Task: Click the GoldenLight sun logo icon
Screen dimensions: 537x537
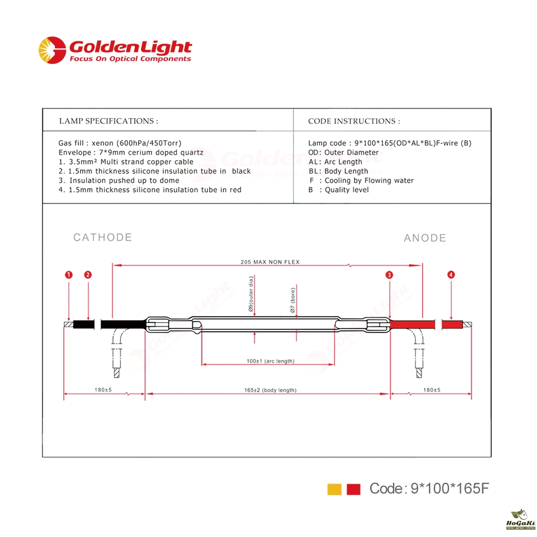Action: point(52,50)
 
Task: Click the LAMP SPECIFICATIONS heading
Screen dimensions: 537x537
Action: point(108,121)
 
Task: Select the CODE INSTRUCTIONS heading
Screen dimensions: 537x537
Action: point(354,121)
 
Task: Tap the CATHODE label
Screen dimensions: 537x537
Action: point(103,237)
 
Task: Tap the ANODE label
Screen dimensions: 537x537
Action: point(425,238)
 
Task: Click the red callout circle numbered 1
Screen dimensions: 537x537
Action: point(69,274)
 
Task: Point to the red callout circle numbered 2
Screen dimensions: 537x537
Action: point(88,274)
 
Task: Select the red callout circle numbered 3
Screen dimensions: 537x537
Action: point(389,275)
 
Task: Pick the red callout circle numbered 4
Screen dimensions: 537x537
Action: point(451,274)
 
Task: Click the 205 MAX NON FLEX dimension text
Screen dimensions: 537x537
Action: point(270,262)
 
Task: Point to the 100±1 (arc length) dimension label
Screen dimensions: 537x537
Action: point(271,361)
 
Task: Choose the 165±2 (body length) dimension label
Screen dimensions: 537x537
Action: point(270,390)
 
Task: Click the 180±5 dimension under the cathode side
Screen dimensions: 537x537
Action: point(103,390)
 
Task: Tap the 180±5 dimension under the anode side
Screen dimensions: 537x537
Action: point(432,390)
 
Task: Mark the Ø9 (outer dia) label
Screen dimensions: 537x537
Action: point(251,294)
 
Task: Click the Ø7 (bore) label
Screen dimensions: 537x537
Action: point(293,300)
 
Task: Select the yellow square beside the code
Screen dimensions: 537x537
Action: point(334,489)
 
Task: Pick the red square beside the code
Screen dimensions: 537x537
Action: point(353,489)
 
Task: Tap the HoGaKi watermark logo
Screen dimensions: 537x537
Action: point(520,519)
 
